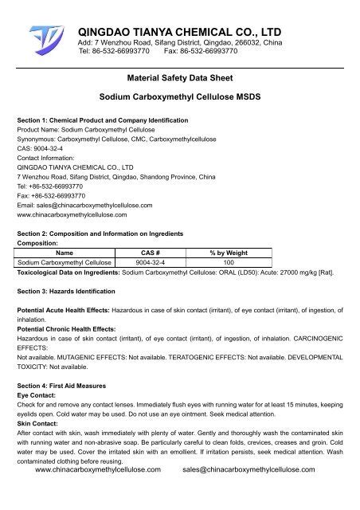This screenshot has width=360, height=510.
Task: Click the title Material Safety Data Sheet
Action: pos(179,80)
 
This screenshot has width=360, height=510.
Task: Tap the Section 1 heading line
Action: pos(103,120)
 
